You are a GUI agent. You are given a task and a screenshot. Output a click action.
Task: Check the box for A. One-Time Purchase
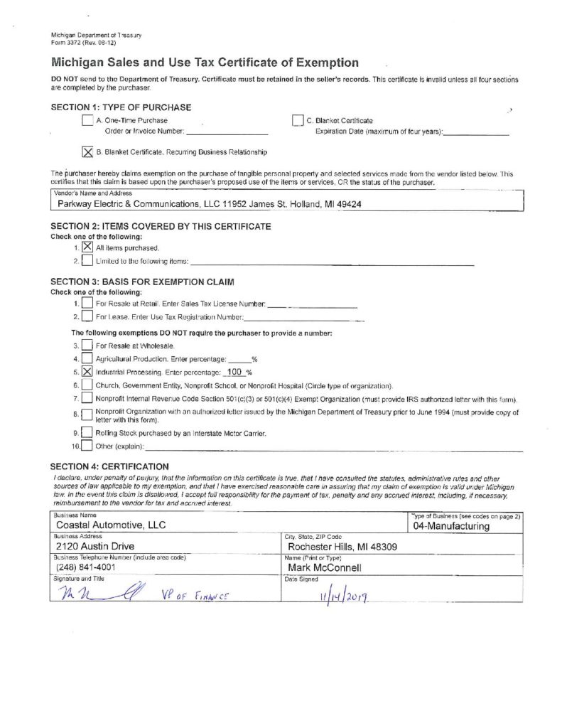pyautogui.click(x=88, y=121)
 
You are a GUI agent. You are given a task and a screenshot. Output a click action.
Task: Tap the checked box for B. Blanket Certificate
pyautogui.click(x=88, y=151)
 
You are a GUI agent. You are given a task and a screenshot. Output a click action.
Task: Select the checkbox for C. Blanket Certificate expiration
pyautogui.click(x=298, y=121)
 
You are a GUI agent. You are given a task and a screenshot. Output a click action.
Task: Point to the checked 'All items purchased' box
pyautogui.click(x=87, y=247)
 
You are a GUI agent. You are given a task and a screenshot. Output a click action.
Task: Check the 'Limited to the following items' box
pyautogui.click(x=87, y=262)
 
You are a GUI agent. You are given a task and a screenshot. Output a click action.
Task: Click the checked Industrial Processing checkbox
pyautogui.click(x=87, y=371)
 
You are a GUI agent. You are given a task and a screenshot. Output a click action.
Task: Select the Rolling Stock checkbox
pyautogui.click(x=87, y=433)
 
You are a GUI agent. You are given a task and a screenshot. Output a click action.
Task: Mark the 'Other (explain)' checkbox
pyautogui.click(x=87, y=446)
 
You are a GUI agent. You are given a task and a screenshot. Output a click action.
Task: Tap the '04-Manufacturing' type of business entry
pyautogui.click(x=452, y=527)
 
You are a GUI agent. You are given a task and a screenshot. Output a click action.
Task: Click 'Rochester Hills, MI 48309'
pyautogui.click(x=342, y=547)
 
